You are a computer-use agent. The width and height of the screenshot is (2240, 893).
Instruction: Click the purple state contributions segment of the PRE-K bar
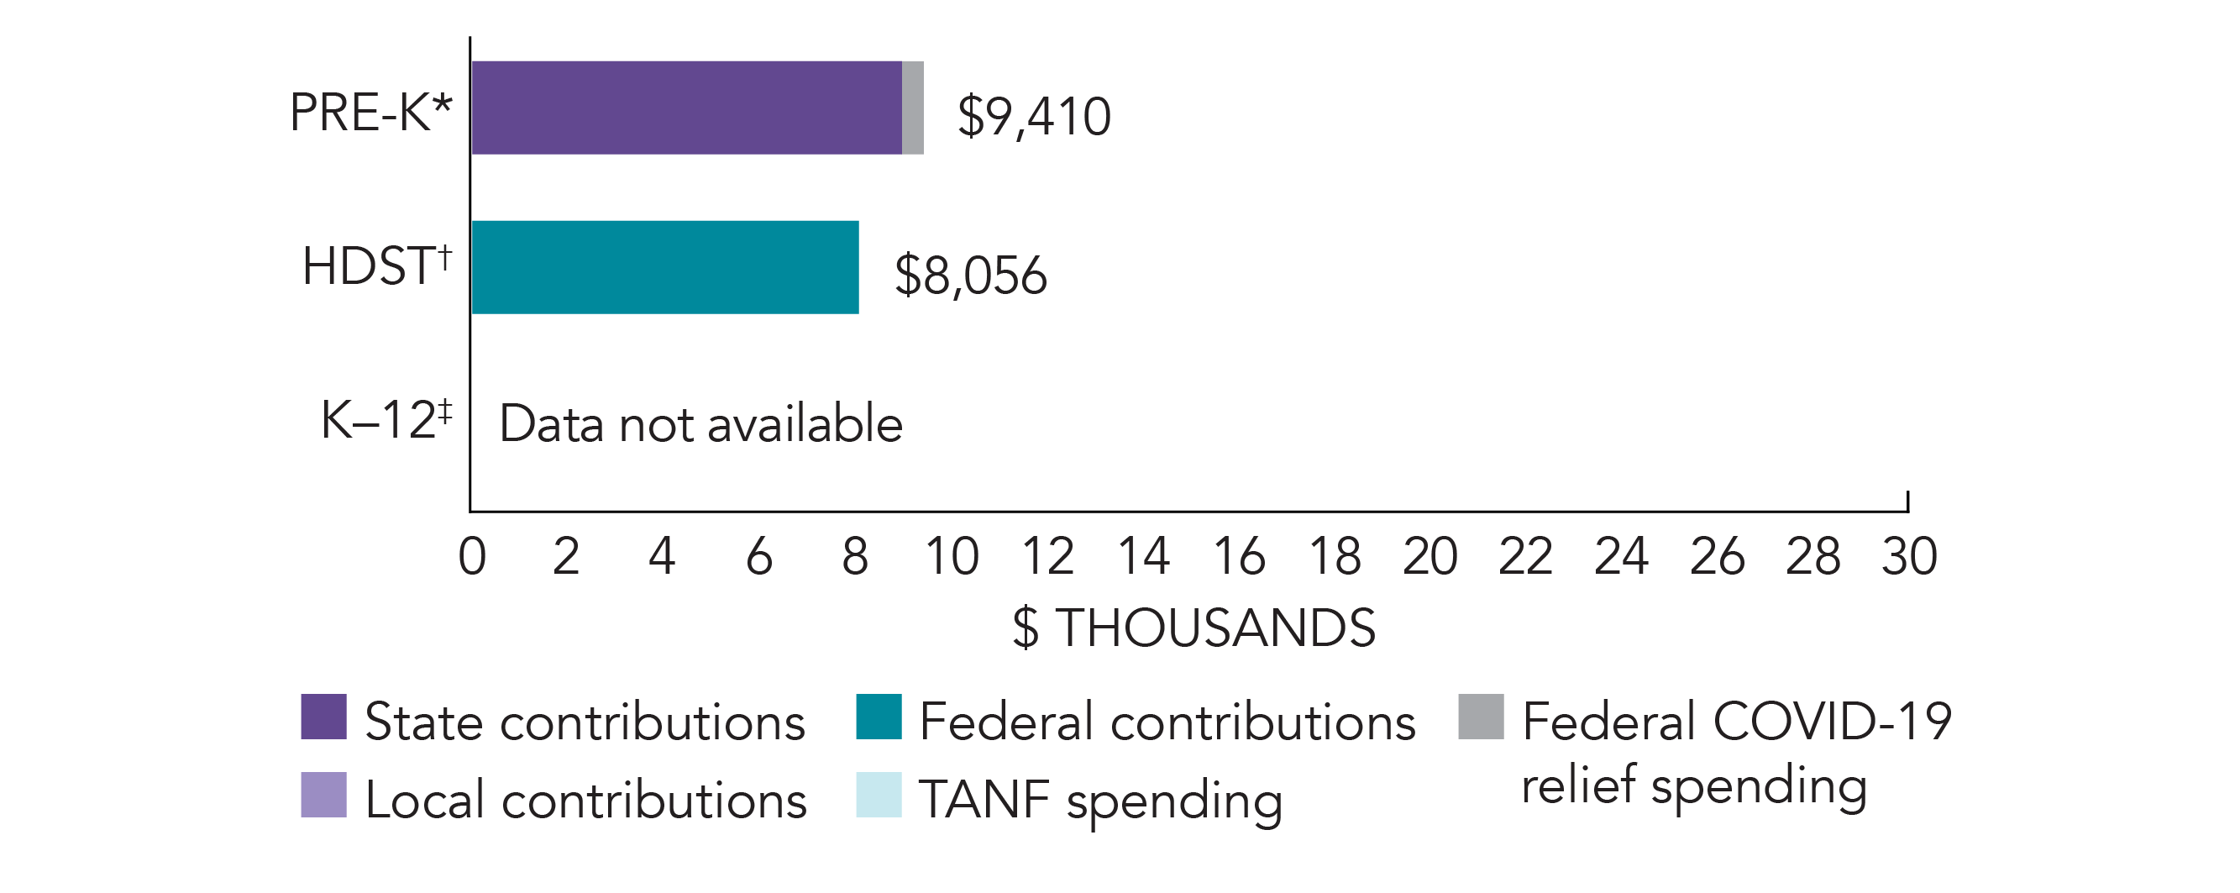(x=686, y=108)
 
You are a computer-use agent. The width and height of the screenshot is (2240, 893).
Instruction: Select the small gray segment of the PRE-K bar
(x=912, y=108)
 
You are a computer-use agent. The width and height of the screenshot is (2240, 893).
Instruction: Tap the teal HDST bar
(x=665, y=267)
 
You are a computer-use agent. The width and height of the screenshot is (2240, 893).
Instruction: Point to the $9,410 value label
(x=1033, y=117)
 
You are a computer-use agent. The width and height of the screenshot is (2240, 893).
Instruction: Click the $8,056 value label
(x=970, y=276)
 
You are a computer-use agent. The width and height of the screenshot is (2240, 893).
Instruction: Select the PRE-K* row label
(x=370, y=113)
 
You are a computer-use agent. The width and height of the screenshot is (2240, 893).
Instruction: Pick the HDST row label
(x=376, y=265)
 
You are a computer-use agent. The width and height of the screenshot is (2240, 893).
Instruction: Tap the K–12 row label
(x=386, y=420)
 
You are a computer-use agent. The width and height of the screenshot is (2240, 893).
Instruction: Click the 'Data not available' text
(x=700, y=424)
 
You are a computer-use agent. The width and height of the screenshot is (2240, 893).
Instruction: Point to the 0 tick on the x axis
(x=472, y=556)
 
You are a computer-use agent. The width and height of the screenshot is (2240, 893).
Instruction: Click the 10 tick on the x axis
(x=952, y=556)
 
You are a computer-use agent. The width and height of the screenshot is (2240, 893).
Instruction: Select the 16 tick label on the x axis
(x=1239, y=556)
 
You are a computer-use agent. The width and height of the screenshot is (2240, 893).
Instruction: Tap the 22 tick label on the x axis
(x=1525, y=556)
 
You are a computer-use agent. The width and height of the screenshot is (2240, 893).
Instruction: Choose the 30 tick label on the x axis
(x=1909, y=556)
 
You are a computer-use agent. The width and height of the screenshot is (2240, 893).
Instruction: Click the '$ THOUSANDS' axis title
(x=1194, y=628)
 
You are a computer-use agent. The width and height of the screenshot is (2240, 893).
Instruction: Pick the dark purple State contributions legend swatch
(x=323, y=717)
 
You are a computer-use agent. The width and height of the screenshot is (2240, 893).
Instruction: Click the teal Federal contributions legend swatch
(x=879, y=717)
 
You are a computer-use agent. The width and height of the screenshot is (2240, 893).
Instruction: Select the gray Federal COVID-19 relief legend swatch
(x=1481, y=717)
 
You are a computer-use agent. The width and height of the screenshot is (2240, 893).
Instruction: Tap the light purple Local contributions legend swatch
(x=323, y=795)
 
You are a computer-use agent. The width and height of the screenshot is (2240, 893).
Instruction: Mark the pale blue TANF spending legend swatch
(x=879, y=795)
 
